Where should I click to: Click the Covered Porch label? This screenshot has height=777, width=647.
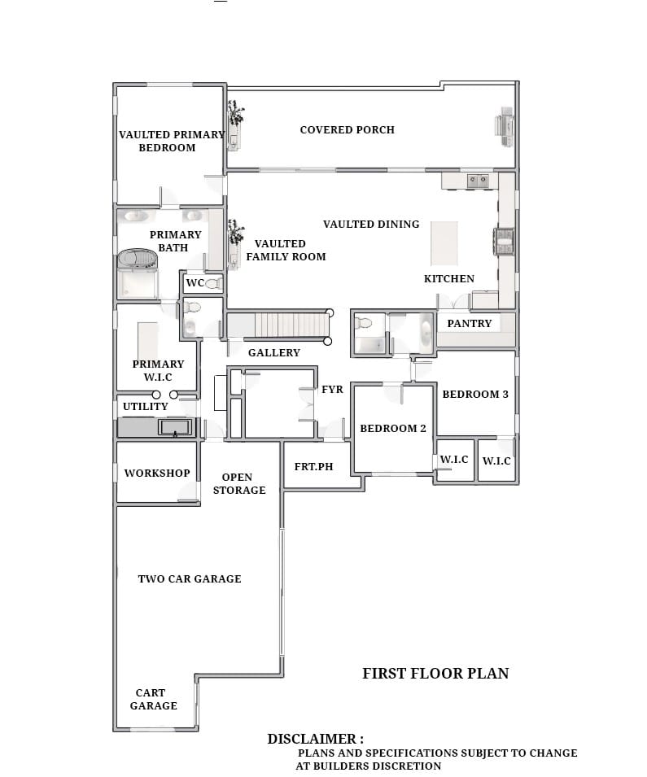coord(347,130)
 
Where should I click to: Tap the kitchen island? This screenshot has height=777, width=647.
coord(444,243)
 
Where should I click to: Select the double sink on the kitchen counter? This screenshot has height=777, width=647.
coord(478,181)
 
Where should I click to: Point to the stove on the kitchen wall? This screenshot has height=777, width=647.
coord(504,242)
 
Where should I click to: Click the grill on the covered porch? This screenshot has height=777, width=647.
coord(505,128)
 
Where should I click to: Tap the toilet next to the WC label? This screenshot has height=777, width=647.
coord(214,283)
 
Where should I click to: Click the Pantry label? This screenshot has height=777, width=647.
coord(470,324)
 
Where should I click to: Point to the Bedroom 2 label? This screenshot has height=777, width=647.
coord(393,429)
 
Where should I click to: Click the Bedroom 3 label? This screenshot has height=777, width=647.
coord(475,395)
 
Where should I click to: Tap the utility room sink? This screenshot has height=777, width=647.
coord(174,426)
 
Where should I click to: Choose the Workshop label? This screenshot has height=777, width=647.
coord(157,474)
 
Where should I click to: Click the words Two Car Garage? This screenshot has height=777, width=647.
coord(190,578)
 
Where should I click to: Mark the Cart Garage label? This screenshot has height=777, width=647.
coord(153,699)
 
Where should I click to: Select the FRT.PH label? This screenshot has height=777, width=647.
coord(314,467)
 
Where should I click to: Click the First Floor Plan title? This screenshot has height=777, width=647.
coord(435,674)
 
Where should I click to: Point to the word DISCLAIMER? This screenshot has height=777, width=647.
coord(312,739)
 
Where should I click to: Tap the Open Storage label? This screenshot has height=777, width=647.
coord(239,483)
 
